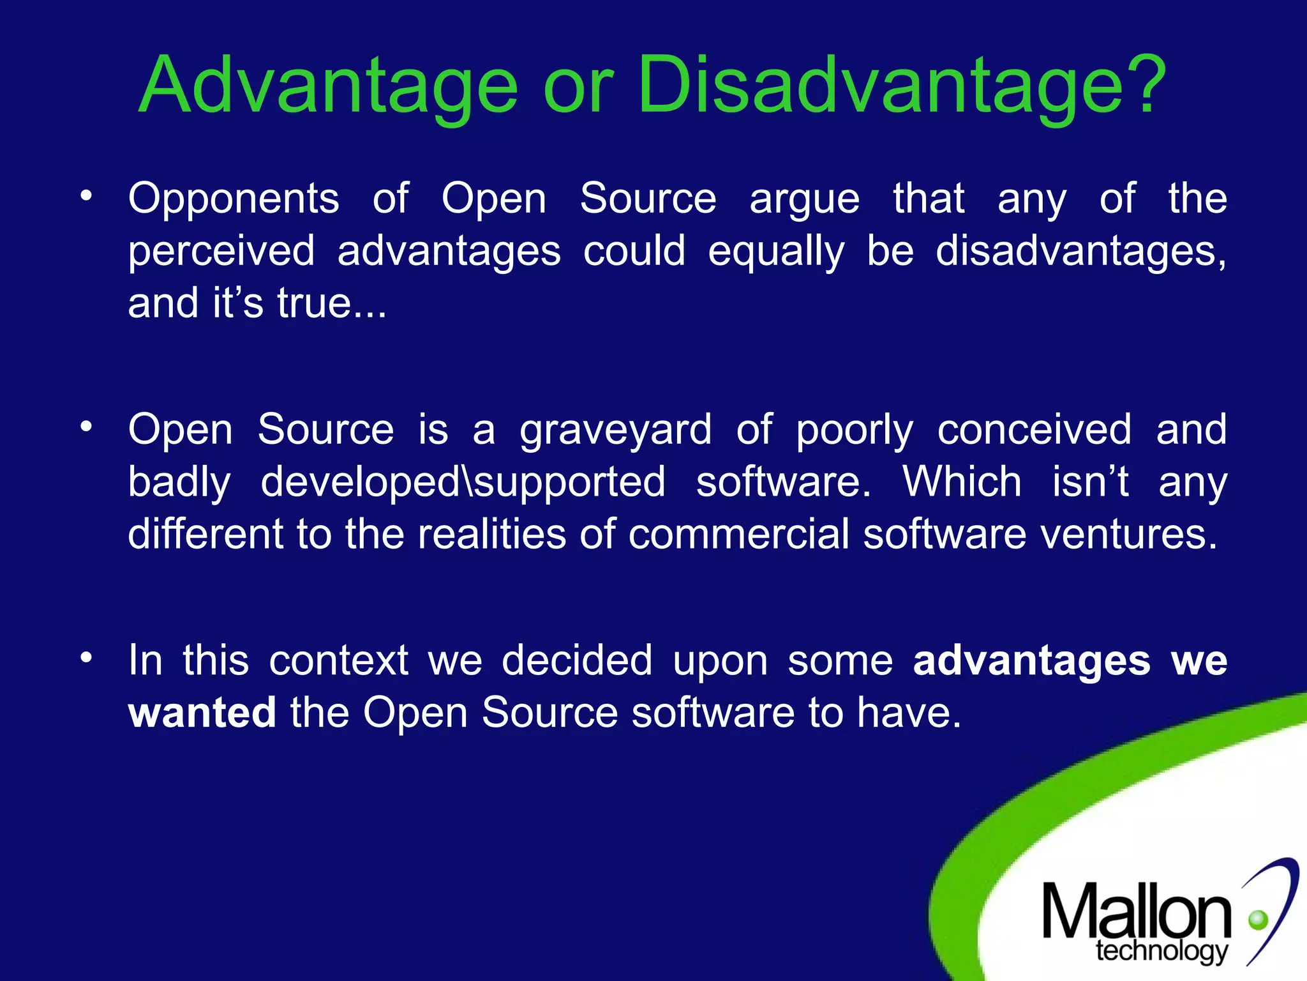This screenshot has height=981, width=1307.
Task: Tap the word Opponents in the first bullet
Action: [x=234, y=199]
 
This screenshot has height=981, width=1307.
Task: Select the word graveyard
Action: [x=615, y=430]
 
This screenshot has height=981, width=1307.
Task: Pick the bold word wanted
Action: [x=202, y=713]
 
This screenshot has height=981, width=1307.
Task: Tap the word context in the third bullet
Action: [x=338, y=660]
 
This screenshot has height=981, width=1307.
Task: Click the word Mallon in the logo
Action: [x=1136, y=912]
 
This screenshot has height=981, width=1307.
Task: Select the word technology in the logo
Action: [x=1161, y=951]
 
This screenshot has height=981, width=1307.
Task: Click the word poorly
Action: [x=855, y=430]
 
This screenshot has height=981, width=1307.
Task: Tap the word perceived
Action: [x=221, y=251]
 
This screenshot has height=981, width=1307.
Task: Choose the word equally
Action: [x=776, y=251]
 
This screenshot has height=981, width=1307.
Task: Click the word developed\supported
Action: [x=463, y=482]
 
